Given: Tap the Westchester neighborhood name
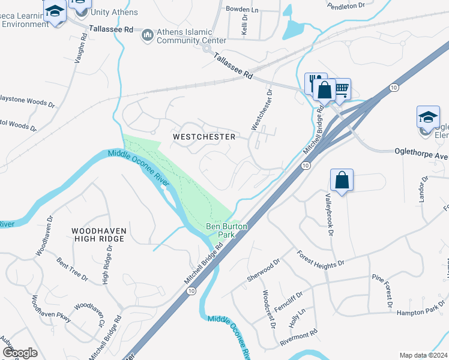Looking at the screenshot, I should click(203, 137).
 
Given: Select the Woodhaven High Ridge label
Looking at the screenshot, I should click(98, 235).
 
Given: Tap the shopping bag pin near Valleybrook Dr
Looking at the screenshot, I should click(342, 180).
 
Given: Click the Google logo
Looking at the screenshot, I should click(20, 353).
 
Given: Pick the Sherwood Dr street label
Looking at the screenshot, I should click(264, 271).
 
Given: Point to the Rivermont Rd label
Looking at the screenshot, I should click(298, 337).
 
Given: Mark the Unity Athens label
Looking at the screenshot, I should click(114, 12).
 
